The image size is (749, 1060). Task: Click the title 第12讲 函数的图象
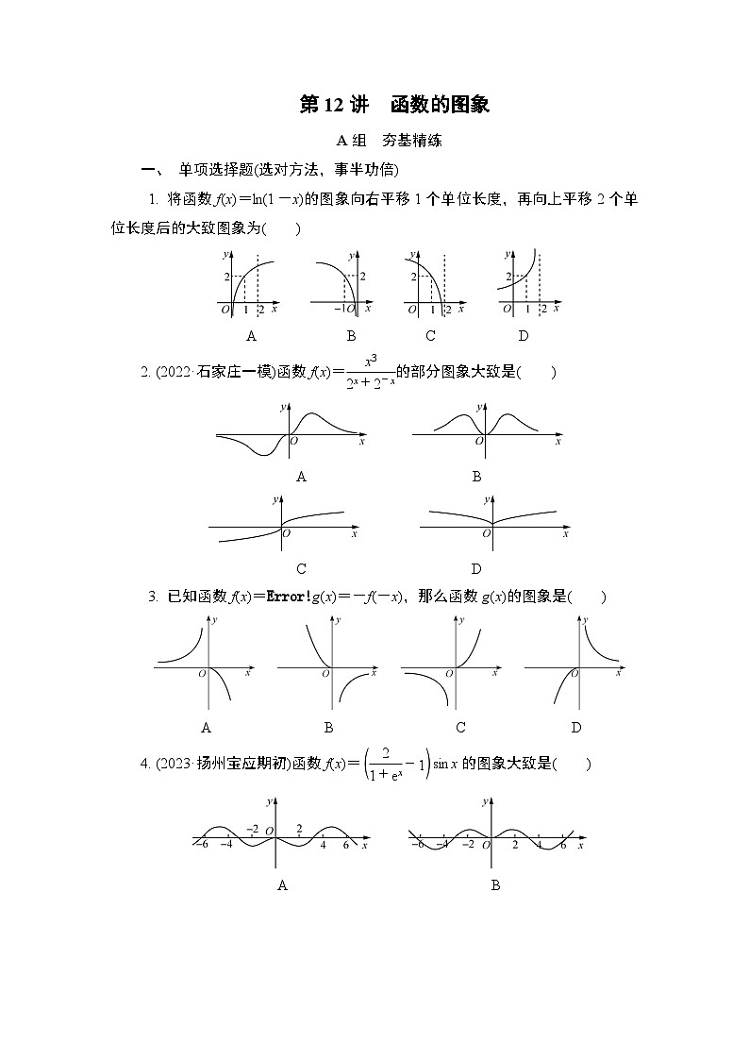394,105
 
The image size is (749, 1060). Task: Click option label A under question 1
251,335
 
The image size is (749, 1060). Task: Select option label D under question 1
524,335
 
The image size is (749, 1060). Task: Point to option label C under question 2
301,568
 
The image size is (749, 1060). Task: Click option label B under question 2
477,477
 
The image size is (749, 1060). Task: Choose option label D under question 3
576,727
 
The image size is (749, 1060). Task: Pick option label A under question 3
206,727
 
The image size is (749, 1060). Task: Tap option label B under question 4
495,884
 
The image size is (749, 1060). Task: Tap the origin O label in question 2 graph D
487,534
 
